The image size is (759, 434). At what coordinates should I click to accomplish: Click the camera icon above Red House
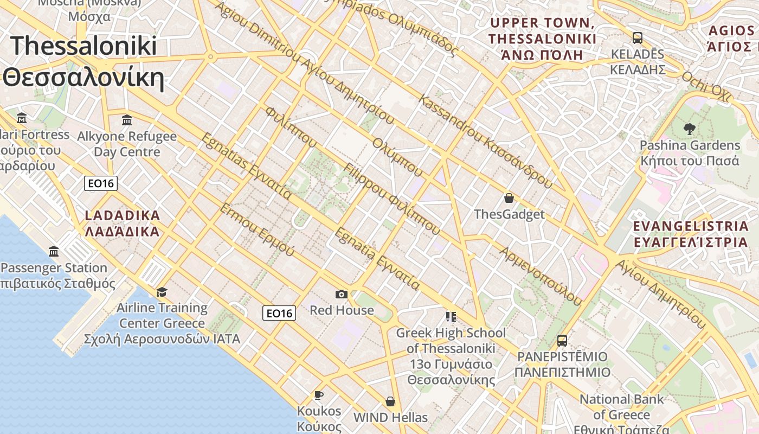click(x=341, y=294)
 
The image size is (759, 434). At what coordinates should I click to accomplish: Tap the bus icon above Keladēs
click(x=638, y=38)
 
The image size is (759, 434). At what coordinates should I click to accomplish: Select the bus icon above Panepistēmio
click(x=562, y=341)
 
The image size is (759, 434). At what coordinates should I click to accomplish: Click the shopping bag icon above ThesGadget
click(x=509, y=198)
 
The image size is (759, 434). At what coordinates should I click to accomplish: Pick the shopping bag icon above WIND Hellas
click(x=390, y=401)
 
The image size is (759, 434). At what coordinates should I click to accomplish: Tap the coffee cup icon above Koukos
click(x=319, y=395)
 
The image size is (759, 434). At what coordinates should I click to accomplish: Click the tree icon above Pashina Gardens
click(x=689, y=129)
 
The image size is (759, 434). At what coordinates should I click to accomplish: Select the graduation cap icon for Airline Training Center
click(x=162, y=292)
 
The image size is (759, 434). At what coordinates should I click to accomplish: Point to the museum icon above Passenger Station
click(x=54, y=252)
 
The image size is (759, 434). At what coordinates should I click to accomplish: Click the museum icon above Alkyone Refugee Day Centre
click(x=127, y=120)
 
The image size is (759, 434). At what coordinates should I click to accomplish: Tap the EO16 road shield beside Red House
click(x=279, y=313)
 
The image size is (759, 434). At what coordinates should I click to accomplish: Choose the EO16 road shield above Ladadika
click(x=101, y=183)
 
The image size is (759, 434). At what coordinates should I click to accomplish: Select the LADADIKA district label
click(x=123, y=224)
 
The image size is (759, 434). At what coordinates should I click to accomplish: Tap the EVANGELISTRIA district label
click(x=690, y=234)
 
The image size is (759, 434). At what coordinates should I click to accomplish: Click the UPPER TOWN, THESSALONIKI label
click(x=542, y=39)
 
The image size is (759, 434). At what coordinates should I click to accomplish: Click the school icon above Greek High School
click(x=451, y=316)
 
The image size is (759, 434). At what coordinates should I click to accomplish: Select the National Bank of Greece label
click(x=621, y=407)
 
